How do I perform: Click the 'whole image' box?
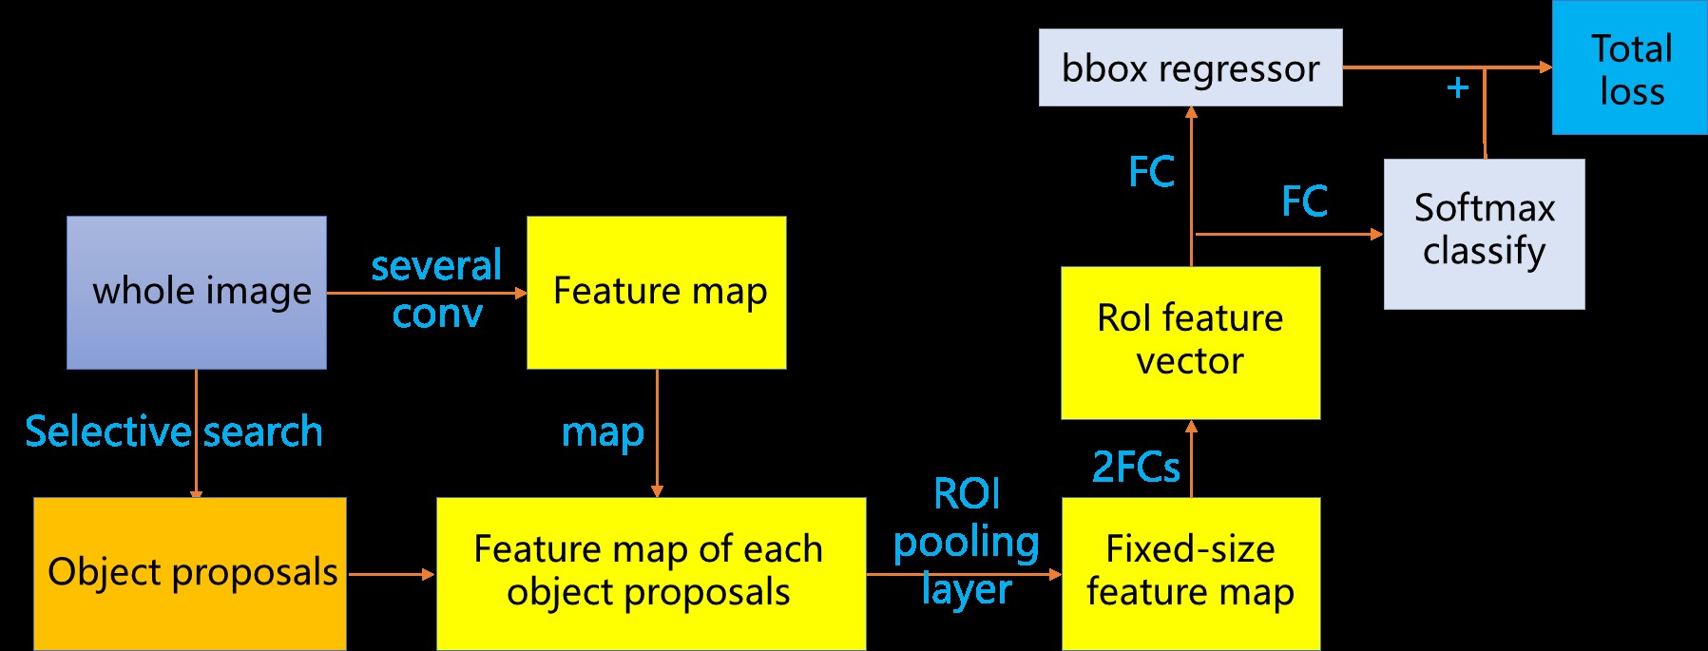click(197, 292)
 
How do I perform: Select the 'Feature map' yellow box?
click(656, 292)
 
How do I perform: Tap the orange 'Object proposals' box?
click(190, 573)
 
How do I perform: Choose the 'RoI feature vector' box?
click(1190, 342)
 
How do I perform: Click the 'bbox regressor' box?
click(1190, 67)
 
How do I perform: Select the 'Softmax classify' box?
click(1484, 233)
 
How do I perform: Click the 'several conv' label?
click(436, 289)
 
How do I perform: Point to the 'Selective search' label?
click(174, 431)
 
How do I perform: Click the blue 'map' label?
click(603, 432)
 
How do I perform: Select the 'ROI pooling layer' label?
click(967, 542)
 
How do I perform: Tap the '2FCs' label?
click(1136, 467)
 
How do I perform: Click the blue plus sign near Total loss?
click(1457, 88)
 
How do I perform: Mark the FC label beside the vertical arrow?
click(1151, 172)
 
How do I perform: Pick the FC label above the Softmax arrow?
click(1304, 201)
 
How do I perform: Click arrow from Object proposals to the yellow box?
click(391, 574)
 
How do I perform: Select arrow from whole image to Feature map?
click(426, 293)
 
